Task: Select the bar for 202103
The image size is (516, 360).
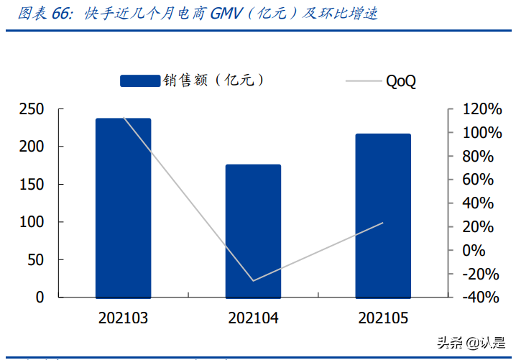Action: click(123, 208)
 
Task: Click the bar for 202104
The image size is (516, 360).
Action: click(253, 231)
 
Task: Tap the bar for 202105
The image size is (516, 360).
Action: click(383, 216)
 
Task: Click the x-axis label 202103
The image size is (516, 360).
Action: click(123, 318)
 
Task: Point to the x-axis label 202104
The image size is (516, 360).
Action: click(253, 318)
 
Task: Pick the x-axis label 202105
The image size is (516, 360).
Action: click(383, 318)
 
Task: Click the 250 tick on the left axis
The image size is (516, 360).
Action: click(32, 109)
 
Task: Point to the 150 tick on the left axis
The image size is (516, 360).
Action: click(32, 185)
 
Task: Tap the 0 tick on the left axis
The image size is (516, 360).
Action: click(40, 297)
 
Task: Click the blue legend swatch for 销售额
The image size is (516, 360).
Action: click(139, 80)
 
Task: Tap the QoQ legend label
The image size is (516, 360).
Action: click(401, 81)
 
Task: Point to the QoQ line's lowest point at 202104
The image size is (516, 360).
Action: click(253, 280)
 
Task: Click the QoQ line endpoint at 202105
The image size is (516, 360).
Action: click(383, 223)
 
